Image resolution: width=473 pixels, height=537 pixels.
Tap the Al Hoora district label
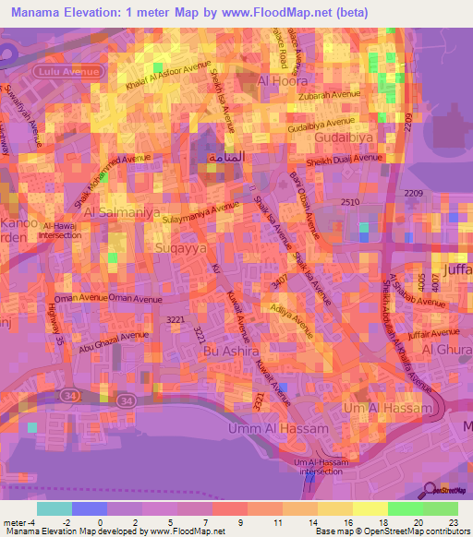(283, 81)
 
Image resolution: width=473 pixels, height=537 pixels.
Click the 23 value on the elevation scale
(452, 521)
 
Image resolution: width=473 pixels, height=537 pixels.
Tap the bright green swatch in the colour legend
(405, 507)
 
